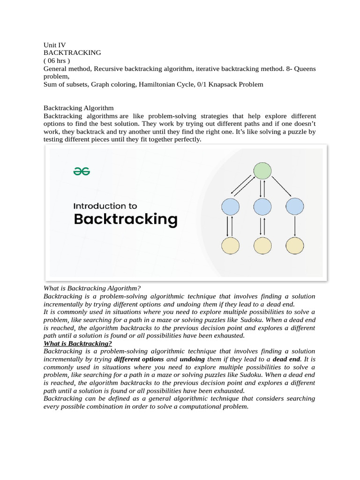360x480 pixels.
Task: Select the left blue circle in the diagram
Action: coord(230,207)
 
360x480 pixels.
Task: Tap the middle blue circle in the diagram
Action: coord(262,207)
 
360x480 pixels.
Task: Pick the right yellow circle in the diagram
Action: coord(295,245)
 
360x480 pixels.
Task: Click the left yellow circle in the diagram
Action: coord(230,245)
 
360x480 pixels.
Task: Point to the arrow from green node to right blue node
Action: coord(282,187)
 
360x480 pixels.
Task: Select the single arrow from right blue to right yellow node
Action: coord(295,226)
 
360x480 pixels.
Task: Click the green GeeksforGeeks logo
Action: coord(82,172)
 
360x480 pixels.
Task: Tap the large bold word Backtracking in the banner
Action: coord(126,219)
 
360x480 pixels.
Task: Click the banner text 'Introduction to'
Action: coord(105,206)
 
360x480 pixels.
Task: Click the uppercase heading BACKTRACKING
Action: coord(72,53)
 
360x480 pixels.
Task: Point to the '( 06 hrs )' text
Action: coord(57,61)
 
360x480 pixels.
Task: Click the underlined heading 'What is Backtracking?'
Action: coord(78,343)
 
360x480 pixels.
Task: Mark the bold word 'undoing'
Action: coord(192,359)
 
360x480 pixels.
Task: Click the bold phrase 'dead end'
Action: coord(286,359)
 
